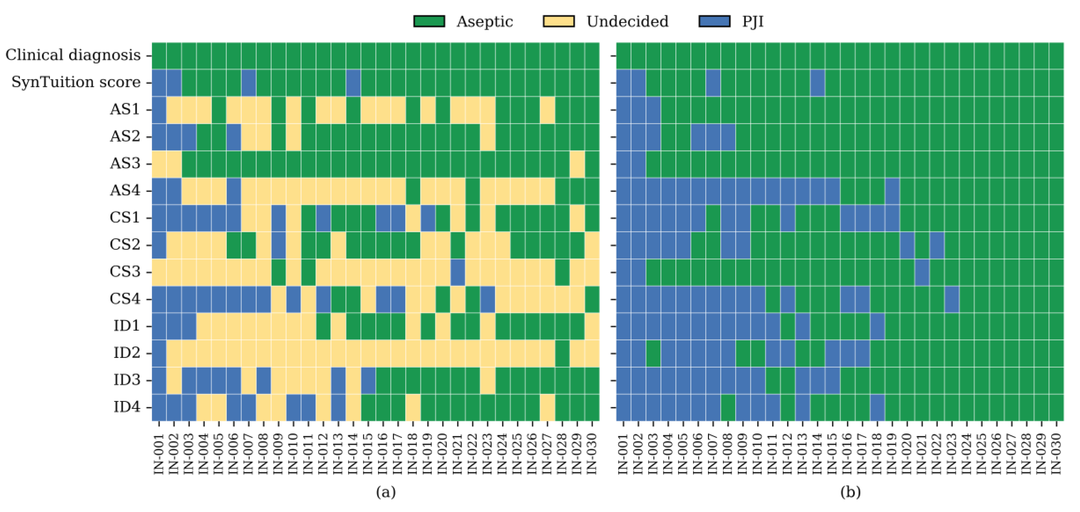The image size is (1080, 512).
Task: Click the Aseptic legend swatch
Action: tap(429, 21)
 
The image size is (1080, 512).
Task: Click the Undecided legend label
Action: tap(627, 21)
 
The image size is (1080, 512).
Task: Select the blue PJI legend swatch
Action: tap(714, 21)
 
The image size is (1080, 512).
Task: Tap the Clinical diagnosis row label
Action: tap(73, 55)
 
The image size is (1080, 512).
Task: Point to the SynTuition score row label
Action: tap(76, 82)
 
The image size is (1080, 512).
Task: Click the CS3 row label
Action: tap(125, 272)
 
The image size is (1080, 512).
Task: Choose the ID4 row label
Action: tap(127, 407)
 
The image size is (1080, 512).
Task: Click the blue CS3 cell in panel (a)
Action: tap(458, 272)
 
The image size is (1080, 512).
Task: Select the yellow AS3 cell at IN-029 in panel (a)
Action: tap(577, 163)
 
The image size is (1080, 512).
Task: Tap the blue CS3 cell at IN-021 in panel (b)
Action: tap(922, 272)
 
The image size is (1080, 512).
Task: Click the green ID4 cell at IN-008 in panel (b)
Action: tap(728, 407)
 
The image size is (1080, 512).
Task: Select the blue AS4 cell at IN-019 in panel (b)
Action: tap(892, 191)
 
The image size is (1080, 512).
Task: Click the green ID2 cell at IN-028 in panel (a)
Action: tap(562, 353)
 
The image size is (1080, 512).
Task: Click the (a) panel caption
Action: tap(385, 491)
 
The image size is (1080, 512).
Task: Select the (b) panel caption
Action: tap(850, 491)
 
